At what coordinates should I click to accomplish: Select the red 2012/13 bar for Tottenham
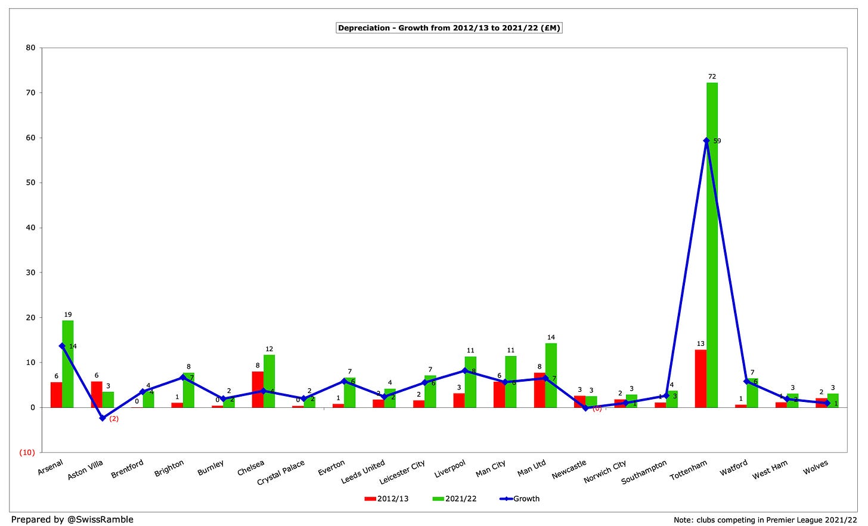(x=700, y=379)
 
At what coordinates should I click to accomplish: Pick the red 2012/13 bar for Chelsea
(x=258, y=389)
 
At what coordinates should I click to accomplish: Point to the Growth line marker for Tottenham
(x=706, y=141)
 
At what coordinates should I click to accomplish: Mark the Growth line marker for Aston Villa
(x=103, y=418)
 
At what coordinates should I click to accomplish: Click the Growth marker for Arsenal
(x=62, y=346)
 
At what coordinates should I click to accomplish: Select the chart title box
(x=449, y=28)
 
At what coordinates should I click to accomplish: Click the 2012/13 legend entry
(x=387, y=499)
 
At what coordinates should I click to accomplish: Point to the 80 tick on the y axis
(x=30, y=48)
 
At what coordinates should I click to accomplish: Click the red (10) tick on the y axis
(x=27, y=453)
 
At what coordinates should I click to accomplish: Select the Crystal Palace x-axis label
(x=281, y=472)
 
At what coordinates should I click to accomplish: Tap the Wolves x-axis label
(x=815, y=468)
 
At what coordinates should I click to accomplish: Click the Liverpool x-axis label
(x=450, y=469)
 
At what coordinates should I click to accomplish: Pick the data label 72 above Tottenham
(x=712, y=76)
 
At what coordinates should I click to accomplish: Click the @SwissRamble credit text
(x=72, y=519)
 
